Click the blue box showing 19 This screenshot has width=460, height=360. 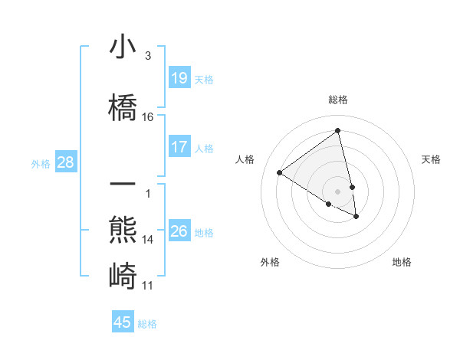[x=179, y=78]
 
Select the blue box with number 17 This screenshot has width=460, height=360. [x=179, y=147]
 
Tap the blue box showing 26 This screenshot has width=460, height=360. [x=179, y=231]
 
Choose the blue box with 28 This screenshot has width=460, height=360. [x=65, y=162]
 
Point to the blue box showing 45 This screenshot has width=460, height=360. [x=123, y=322]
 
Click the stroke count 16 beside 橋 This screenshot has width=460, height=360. [x=147, y=117]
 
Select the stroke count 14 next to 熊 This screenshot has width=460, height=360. [x=147, y=240]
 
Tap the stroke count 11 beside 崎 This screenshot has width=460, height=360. [x=147, y=286]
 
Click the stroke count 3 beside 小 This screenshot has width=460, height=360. [x=147, y=56]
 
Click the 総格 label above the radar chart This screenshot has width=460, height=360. [x=338, y=100]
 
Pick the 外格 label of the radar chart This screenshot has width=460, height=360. [x=270, y=263]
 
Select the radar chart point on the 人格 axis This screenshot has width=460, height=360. [x=280, y=172]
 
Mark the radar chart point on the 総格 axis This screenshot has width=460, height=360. [x=338, y=129]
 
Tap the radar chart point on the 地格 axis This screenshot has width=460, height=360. [x=356, y=217]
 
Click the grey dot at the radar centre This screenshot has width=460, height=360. [x=338, y=191]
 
